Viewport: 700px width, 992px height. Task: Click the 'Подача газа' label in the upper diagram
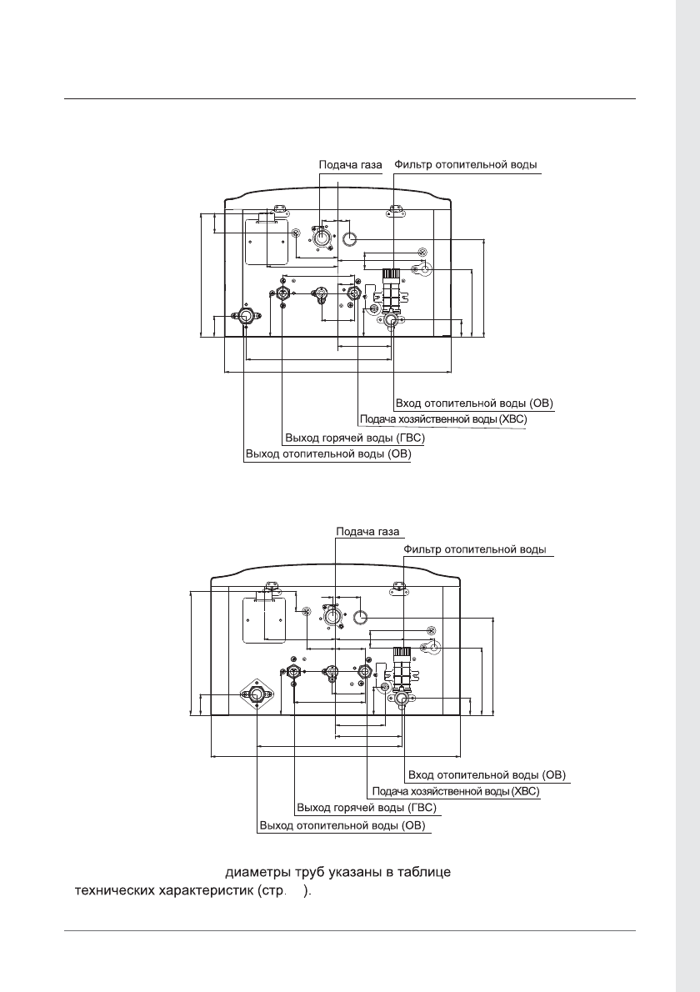350,165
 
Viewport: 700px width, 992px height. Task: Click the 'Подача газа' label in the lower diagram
367,532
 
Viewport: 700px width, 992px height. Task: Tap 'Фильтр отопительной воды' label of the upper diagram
466,165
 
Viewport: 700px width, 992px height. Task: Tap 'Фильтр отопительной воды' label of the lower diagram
475,550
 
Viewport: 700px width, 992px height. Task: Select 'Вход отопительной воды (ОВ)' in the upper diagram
474,403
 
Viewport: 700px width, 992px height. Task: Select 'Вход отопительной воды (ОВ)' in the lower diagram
487,775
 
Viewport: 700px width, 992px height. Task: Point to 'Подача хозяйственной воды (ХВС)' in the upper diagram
443,419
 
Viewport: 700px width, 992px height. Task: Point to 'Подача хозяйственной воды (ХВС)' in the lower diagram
456,791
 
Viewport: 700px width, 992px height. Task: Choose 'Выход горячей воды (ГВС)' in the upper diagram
355,438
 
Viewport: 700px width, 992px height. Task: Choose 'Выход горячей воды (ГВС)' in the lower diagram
367,809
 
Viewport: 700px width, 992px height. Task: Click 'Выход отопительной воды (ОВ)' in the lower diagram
342,826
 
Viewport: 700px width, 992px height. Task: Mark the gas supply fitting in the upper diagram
321,238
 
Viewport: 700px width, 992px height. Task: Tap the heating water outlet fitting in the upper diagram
244,316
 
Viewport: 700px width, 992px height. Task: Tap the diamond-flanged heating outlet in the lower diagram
257,694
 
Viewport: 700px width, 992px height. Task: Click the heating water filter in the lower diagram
402,668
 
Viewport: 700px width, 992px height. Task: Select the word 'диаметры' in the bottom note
257,873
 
